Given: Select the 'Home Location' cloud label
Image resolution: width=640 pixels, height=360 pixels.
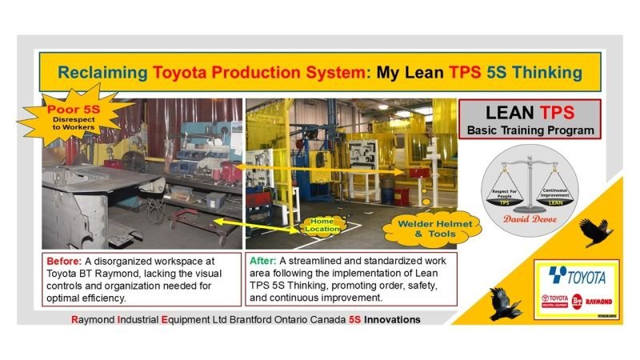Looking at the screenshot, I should pyautogui.click(x=321, y=224).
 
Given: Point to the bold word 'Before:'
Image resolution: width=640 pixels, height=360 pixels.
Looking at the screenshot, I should pyautogui.click(x=65, y=262).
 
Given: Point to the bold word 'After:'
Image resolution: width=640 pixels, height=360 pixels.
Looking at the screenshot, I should pyautogui.click(x=266, y=262).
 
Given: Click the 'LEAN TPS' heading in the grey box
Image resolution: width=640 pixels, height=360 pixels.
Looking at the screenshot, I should pyautogui.click(x=526, y=112).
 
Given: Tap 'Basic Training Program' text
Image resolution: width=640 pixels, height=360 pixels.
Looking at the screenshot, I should pyautogui.click(x=526, y=130).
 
